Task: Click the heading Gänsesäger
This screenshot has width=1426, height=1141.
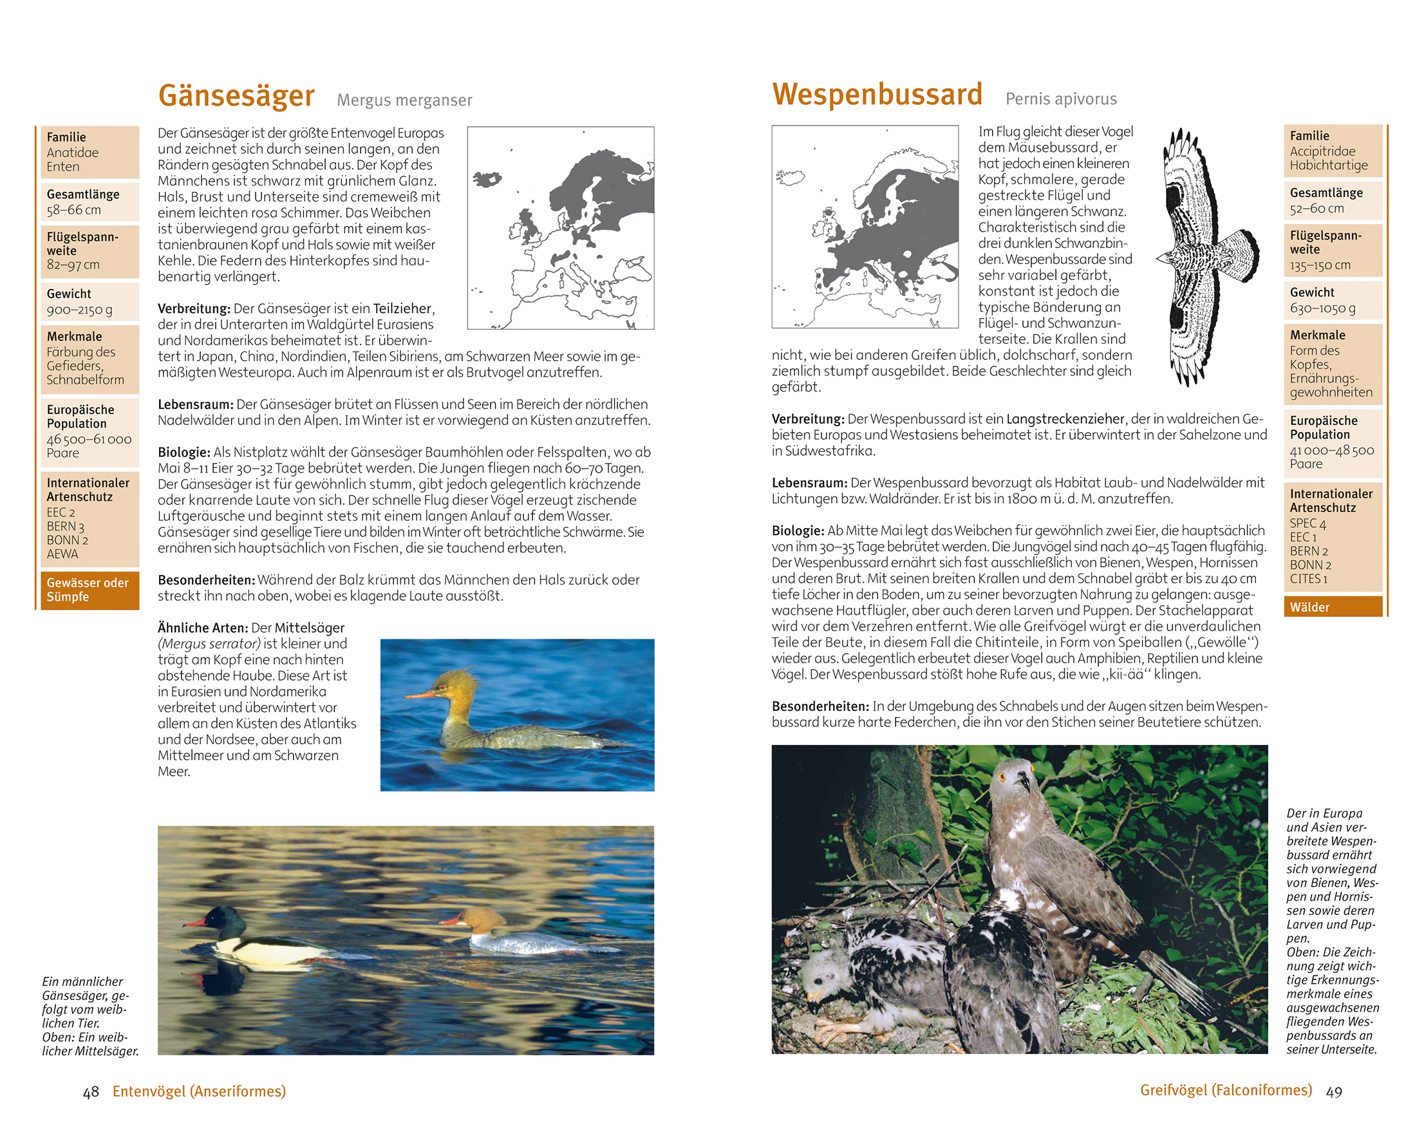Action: point(236,96)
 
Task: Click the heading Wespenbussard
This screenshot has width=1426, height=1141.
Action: point(877,95)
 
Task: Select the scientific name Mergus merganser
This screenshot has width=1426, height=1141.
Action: point(404,100)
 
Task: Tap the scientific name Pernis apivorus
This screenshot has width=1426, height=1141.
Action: point(1061,99)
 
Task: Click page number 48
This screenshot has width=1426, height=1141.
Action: point(91,1092)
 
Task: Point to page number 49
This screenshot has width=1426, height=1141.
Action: point(1334,1092)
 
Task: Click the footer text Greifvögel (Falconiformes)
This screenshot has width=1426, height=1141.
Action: point(1226,1090)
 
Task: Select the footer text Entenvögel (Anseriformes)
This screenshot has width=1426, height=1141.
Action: point(199,1091)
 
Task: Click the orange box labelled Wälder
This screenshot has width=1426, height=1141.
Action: point(1332,607)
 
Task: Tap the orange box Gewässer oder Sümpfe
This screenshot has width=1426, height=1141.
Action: point(89,590)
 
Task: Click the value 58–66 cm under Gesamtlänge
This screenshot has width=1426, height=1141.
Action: point(74,211)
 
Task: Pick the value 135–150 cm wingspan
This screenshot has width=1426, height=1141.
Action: point(1320,265)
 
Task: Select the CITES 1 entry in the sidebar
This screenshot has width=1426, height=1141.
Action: point(1308,580)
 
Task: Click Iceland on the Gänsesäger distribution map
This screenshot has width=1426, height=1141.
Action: point(487,178)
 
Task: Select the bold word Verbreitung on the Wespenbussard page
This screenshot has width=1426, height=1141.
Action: point(807,419)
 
